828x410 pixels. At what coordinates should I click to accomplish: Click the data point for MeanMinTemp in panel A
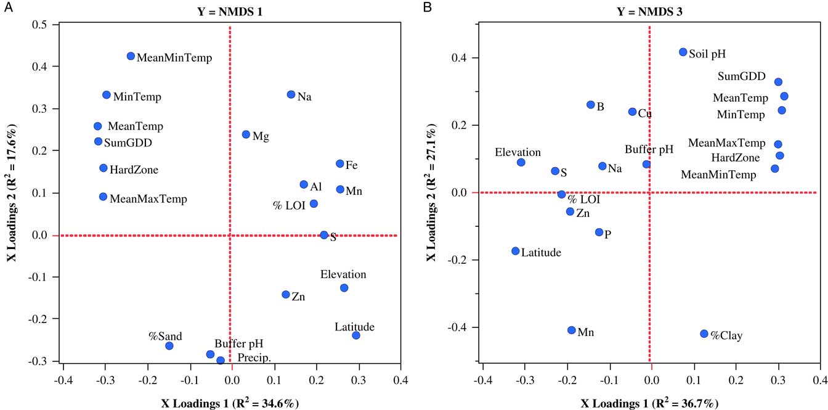pyautogui.click(x=131, y=56)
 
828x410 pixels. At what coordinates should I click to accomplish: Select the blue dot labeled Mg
pyautogui.click(x=246, y=134)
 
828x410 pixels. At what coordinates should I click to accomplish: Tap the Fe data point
pyautogui.click(x=339, y=164)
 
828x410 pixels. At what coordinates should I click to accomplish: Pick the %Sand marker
pyautogui.click(x=169, y=346)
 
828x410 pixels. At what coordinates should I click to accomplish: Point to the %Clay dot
pyautogui.click(x=704, y=334)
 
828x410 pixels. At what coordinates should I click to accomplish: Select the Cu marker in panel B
pyautogui.click(x=632, y=112)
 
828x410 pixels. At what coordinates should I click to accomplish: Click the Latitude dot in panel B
pyautogui.click(x=516, y=251)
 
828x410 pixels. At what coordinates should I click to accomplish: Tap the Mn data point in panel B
pyautogui.click(x=572, y=330)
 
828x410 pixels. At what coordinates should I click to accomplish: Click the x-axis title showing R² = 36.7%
pyautogui.click(x=649, y=403)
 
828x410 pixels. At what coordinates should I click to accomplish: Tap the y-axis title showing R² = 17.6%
pyautogui.click(x=12, y=192)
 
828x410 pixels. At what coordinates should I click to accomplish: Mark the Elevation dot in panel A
pyautogui.click(x=344, y=288)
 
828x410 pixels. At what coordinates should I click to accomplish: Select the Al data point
pyautogui.click(x=304, y=184)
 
